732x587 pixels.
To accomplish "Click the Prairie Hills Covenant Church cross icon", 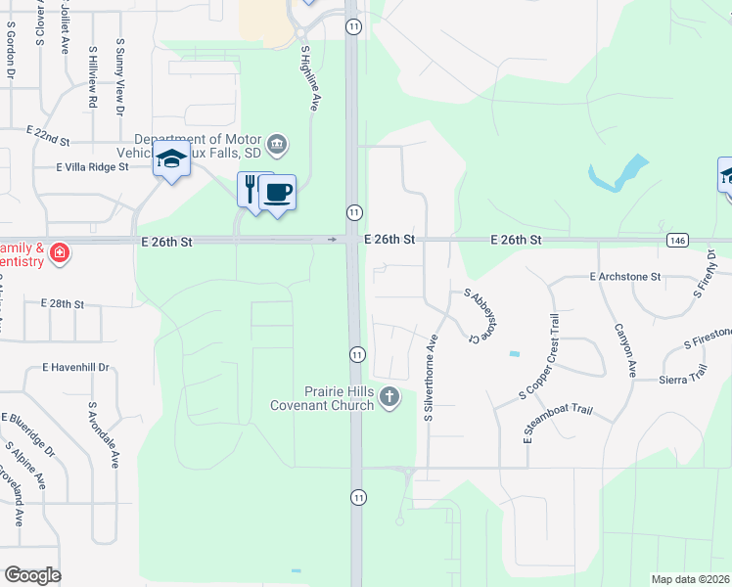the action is [x=389, y=396].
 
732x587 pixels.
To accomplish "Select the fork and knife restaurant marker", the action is [x=252, y=187].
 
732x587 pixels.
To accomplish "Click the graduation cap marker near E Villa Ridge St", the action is [x=171, y=159].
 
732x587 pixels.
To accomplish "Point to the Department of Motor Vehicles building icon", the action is [x=278, y=145].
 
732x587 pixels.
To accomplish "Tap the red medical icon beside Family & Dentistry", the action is [x=60, y=253].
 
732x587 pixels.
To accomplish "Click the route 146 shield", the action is [x=677, y=240].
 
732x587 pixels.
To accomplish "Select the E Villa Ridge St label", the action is [x=93, y=167].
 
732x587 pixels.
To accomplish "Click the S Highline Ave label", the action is [x=309, y=78].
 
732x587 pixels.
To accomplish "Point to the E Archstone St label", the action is [x=626, y=277].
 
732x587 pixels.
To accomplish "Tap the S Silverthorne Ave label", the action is [x=430, y=377].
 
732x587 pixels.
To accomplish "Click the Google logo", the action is [x=32, y=575].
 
